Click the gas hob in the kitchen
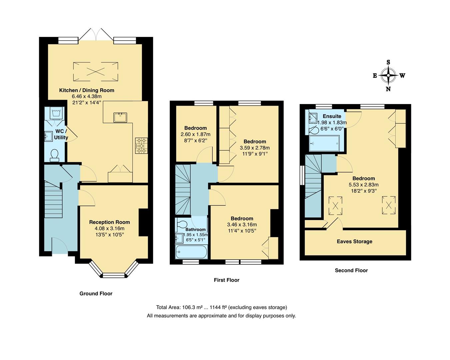141,146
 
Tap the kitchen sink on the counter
120,117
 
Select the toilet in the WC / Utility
55,155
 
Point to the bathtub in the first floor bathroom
191,252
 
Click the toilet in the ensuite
314,130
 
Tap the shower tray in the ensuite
324,143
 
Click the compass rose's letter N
388,89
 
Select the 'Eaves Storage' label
354,241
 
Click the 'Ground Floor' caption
96,293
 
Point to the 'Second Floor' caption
351,270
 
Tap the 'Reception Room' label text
110,222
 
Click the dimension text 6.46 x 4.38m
87,96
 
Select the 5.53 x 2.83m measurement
364,185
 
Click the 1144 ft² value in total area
218,307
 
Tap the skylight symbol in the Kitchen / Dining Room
96,72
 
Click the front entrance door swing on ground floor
60,246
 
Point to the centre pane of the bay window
114,275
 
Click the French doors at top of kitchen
96,34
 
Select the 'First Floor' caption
226,280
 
